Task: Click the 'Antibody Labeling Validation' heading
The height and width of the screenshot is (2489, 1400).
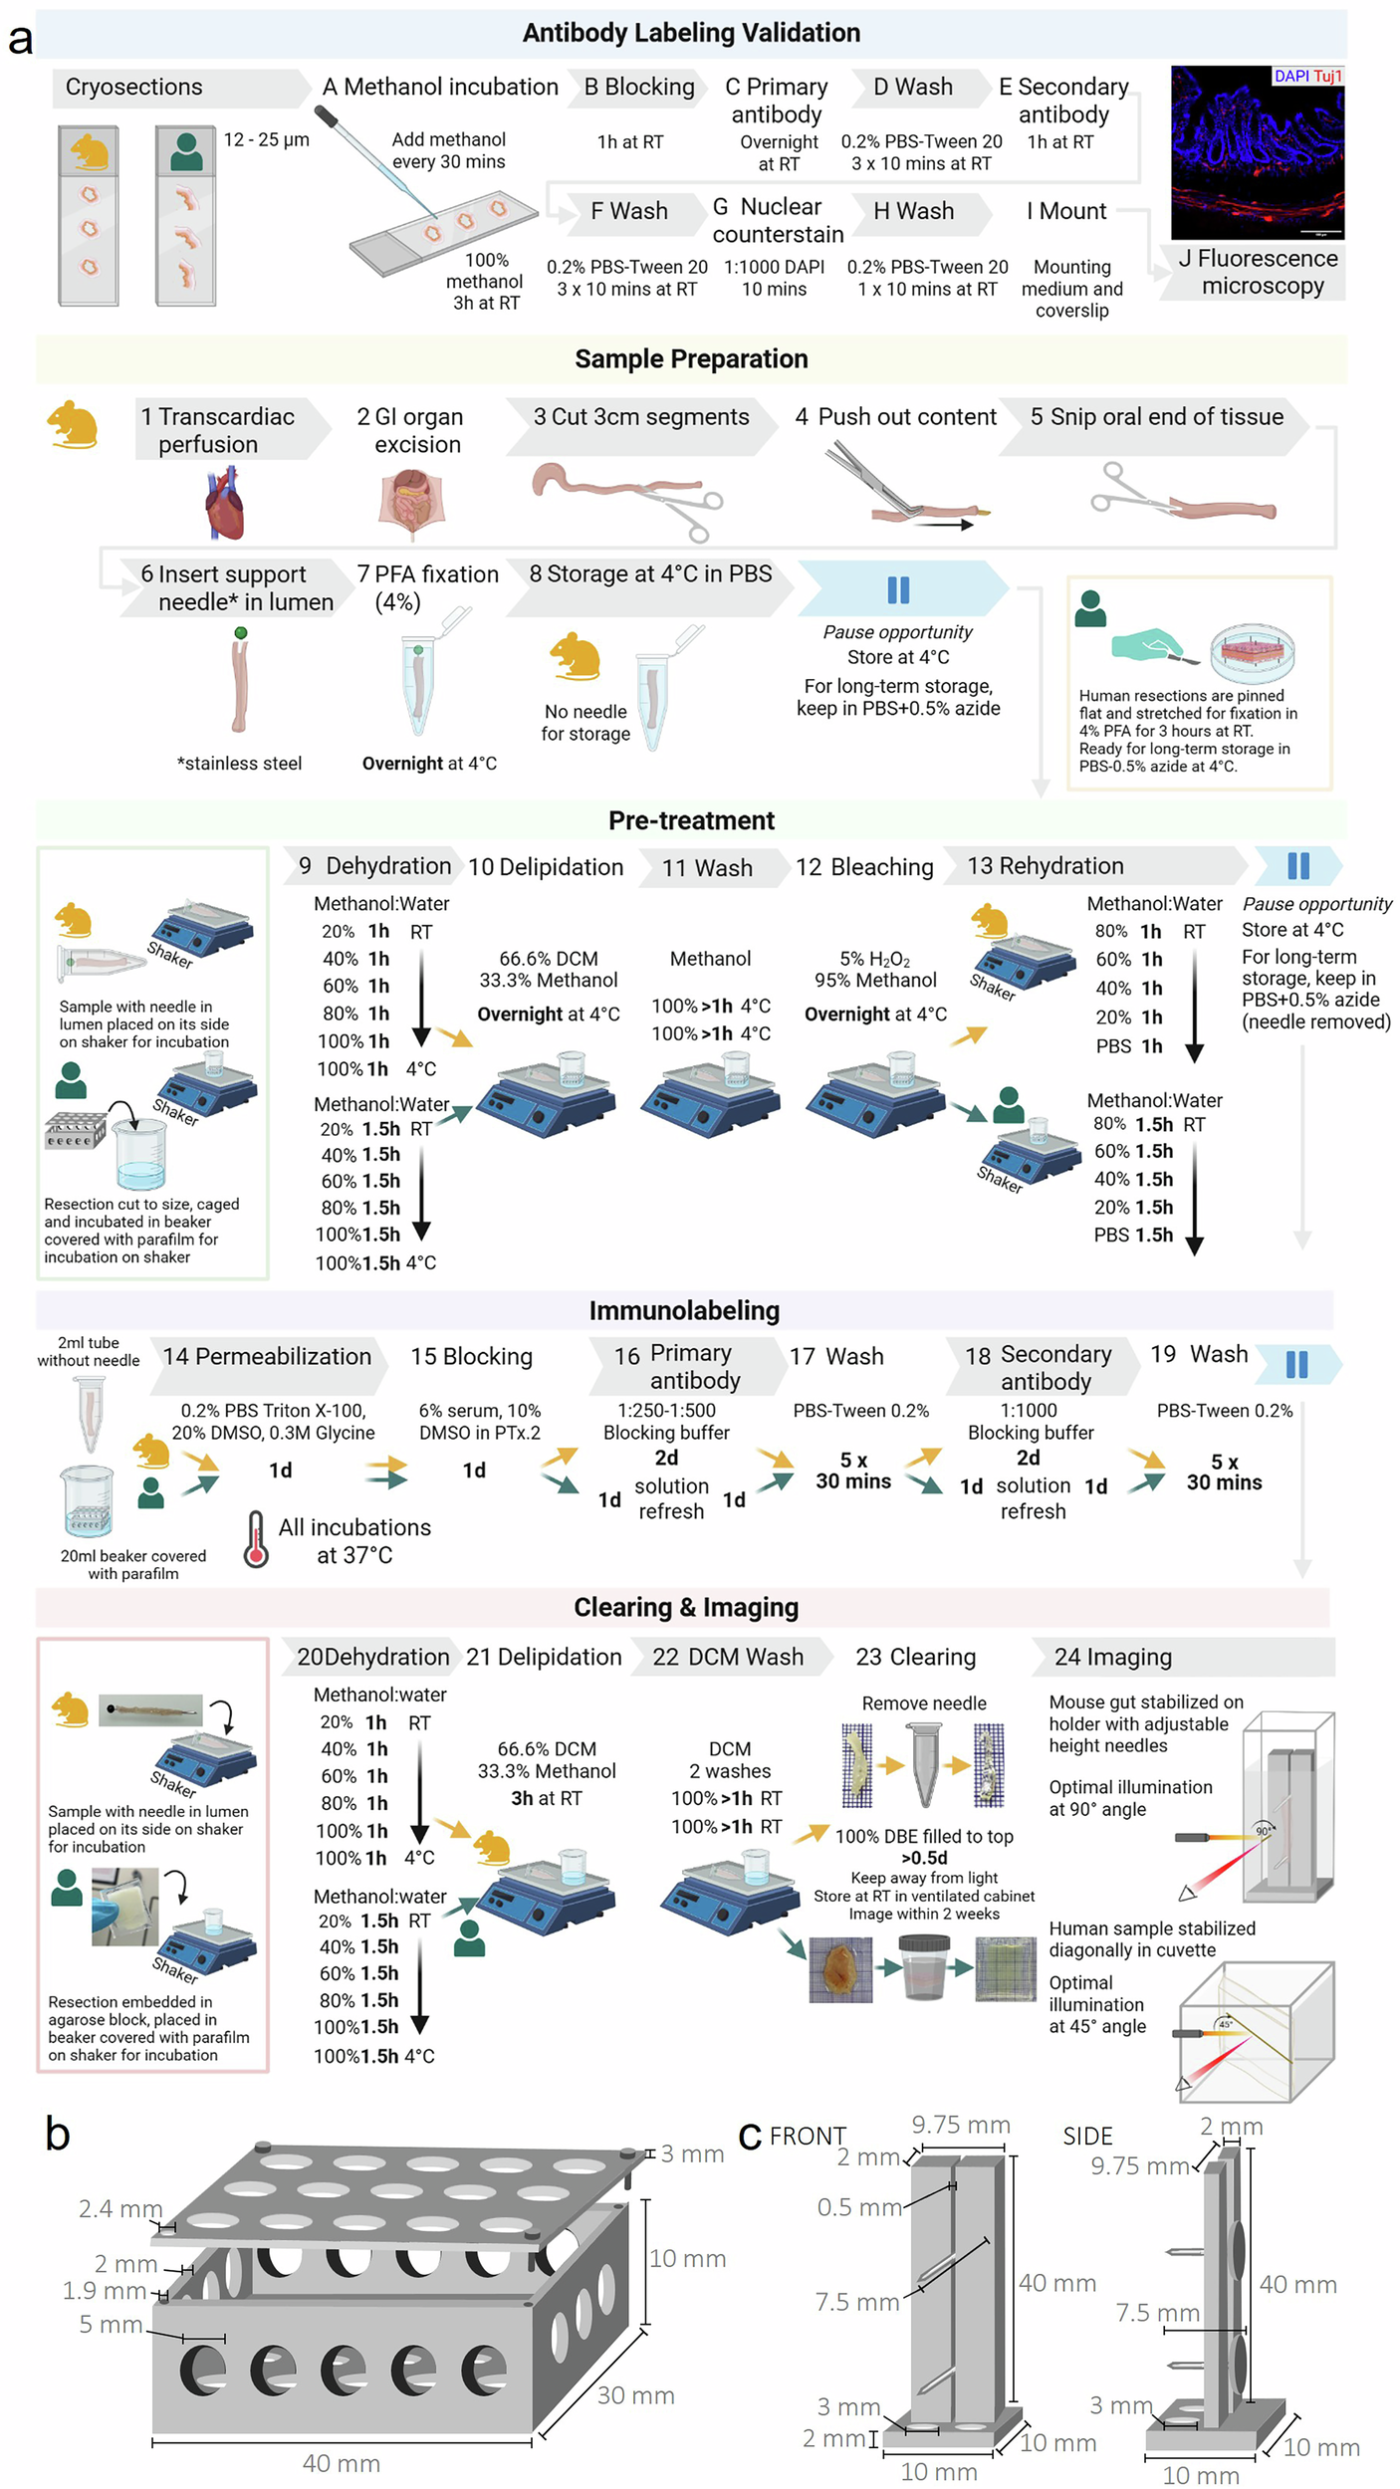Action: [x=690, y=33]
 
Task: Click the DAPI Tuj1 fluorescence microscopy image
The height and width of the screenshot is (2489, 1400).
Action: [x=1257, y=151]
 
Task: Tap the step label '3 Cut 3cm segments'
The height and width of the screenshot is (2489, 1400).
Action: [x=640, y=417]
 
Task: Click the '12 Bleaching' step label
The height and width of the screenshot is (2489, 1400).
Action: [x=863, y=867]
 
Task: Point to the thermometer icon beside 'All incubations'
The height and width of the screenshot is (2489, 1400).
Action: [x=256, y=1540]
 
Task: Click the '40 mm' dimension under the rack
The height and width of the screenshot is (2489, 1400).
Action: [x=342, y=2463]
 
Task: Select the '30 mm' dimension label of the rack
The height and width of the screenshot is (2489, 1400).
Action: [x=635, y=2395]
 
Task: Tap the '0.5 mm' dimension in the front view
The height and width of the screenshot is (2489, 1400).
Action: [x=858, y=2207]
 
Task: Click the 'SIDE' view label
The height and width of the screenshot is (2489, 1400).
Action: [x=1087, y=2137]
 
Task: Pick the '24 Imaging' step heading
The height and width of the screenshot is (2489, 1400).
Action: [x=1112, y=1657]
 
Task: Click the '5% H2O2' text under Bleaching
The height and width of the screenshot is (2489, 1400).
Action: [x=874, y=960]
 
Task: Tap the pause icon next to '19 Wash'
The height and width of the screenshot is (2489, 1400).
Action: [x=1296, y=1364]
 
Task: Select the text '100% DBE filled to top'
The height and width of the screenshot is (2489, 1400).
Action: [x=923, y=1837]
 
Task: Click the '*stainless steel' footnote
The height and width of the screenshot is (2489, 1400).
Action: [x=239, y=764]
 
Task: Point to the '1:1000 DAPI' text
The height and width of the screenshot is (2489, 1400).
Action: [x=774, y=267]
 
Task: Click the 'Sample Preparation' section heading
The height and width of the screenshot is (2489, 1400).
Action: [x=690, y=359]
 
